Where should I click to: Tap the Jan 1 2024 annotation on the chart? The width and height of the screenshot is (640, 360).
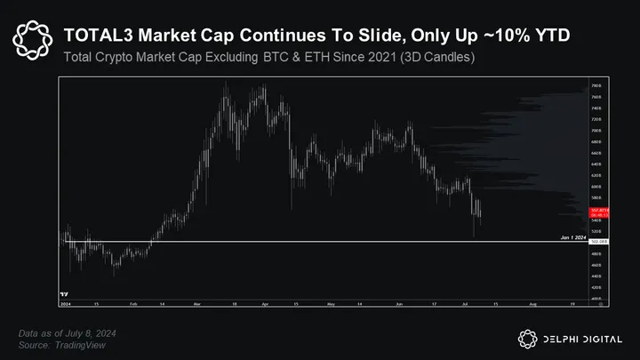click(572, 237)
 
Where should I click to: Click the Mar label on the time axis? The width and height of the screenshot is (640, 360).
click(196, 304)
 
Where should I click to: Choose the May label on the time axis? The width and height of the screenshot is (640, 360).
click(330, 304)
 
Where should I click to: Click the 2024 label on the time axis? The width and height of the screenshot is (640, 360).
click(64, 304)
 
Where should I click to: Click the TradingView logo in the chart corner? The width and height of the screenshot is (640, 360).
click(64, 294)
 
